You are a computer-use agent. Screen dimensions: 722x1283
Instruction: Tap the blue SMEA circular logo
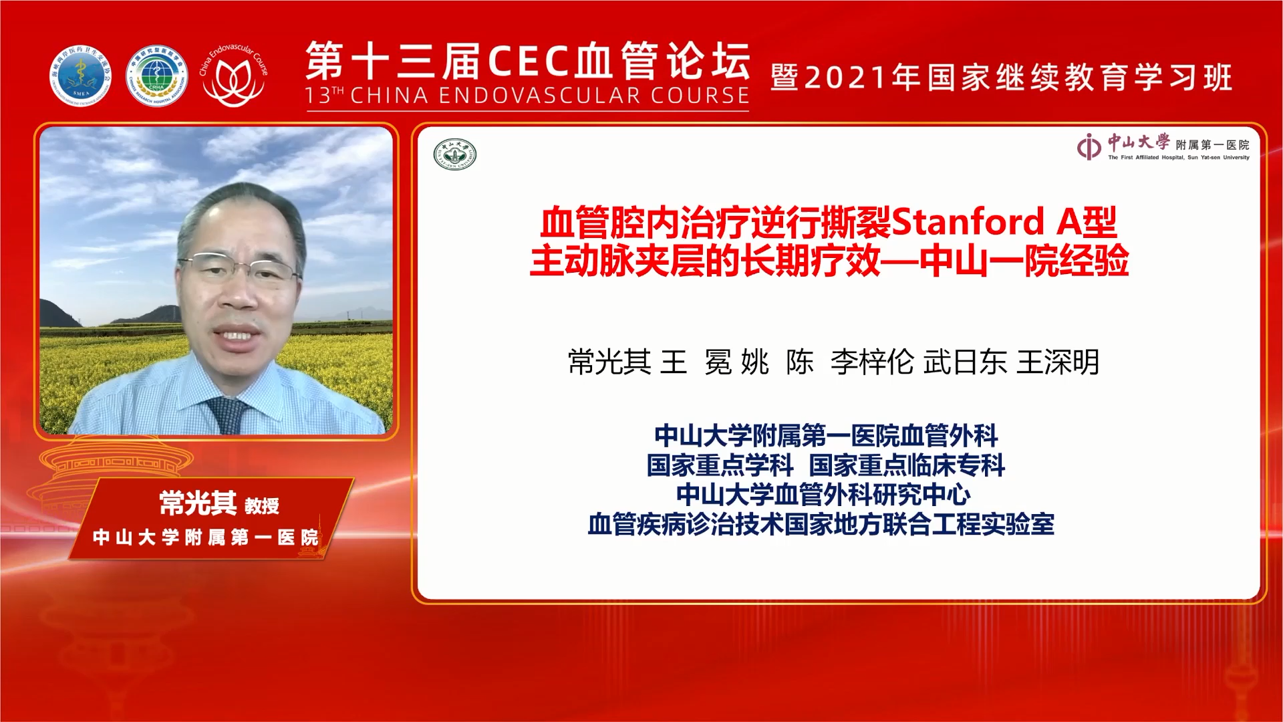tap(80, 76)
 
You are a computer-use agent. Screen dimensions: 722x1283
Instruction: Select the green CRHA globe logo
tap(156, 76)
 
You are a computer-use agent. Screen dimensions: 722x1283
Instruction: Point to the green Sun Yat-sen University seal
tap(455, 154)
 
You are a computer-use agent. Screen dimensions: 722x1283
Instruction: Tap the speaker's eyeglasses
tap(238, 267)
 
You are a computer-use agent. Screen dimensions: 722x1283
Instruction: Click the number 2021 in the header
tap(847, 78)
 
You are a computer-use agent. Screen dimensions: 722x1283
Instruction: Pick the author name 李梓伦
tap(872, 362)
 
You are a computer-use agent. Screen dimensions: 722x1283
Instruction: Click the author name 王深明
tap(1058, 362)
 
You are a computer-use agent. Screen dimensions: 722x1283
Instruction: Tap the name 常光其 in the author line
tap(609, 362)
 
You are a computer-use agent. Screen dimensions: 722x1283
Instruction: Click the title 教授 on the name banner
tap(262, 506)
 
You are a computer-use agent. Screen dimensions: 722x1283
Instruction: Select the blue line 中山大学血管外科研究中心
tap(823, 495)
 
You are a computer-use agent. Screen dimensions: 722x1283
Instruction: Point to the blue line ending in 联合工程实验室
tap(821, 525)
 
